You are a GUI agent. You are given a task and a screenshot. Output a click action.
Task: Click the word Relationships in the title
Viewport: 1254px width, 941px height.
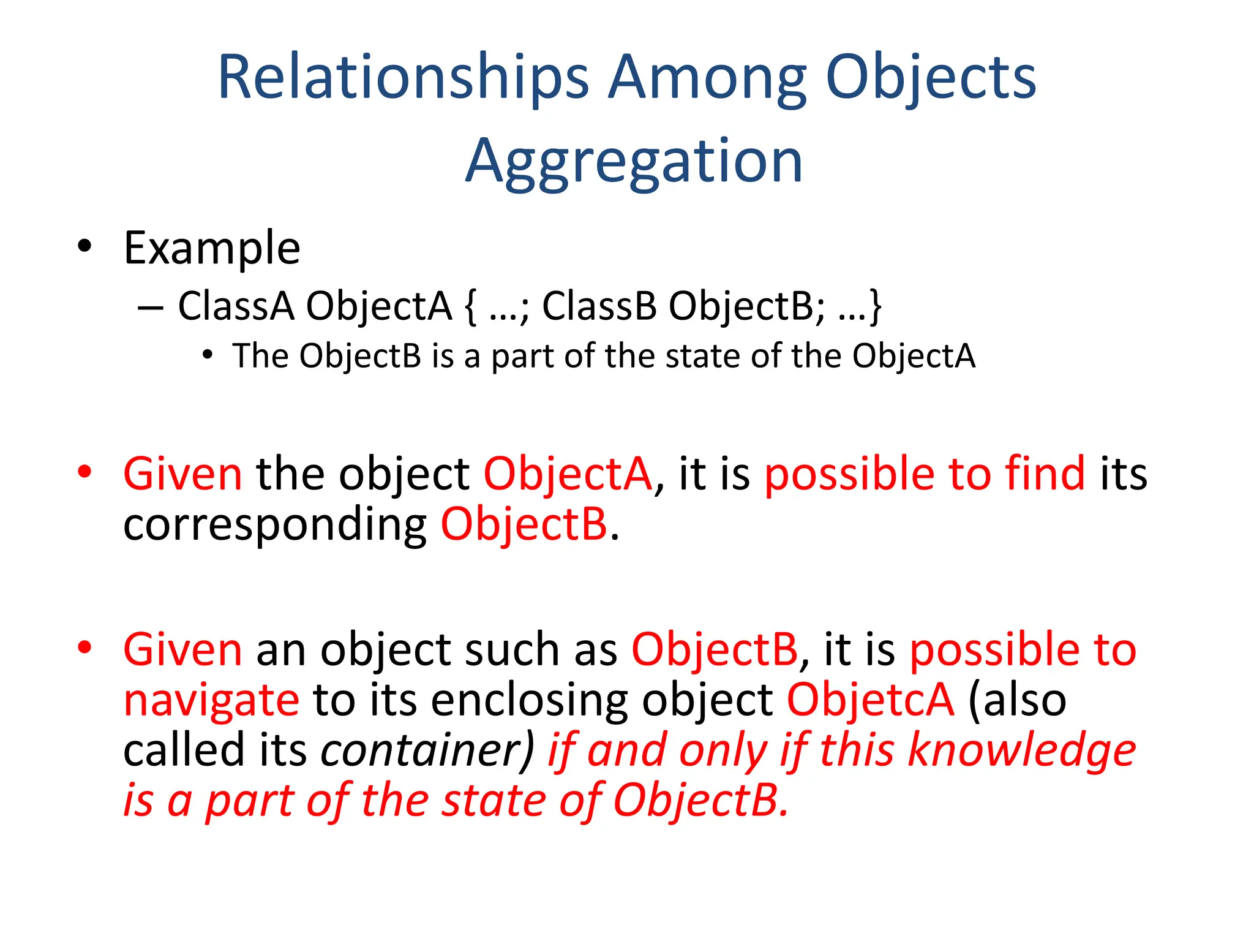(x=403, y=78)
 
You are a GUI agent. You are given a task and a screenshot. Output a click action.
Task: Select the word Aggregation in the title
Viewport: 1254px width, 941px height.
(x=633, y=161)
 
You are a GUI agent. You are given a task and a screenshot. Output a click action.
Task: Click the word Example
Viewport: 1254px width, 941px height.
(x=212, y=248)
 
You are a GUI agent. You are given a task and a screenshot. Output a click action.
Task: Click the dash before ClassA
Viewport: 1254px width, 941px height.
(x=151, y=306)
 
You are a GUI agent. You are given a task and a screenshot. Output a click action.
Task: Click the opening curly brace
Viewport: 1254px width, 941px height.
(x=470, y=307)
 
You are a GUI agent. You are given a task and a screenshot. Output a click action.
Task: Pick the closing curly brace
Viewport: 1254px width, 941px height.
(x=876, y=307)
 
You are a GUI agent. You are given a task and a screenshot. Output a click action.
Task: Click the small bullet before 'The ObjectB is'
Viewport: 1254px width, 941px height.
(x=208, y=355)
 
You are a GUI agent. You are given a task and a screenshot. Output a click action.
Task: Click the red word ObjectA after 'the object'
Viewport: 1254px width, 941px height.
(x=568, y=474)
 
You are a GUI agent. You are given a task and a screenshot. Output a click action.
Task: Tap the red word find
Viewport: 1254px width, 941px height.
(x=1045, y=474)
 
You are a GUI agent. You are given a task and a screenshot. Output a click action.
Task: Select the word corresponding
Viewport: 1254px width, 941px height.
(x=275, y=524)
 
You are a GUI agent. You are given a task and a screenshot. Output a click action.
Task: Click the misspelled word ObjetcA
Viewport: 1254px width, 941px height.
(x=870, y=700)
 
